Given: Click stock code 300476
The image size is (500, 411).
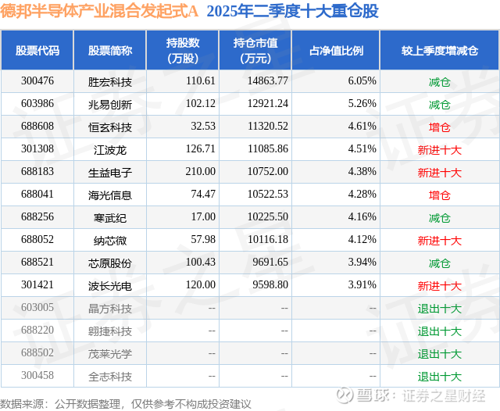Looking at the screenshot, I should coord(37,81).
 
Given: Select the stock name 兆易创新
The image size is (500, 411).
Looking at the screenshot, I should coord(110,104).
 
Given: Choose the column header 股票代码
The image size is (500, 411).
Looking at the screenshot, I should coord(37,51).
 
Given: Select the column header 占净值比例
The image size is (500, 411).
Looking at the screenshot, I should coord(341,51).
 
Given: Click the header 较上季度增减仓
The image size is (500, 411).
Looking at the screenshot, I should coord(439,51).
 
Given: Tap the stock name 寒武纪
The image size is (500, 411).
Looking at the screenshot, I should coord(110,217).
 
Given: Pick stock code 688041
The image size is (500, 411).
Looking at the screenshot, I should coord(37,195).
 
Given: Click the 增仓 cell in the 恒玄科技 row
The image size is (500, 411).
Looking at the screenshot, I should coord(440,127).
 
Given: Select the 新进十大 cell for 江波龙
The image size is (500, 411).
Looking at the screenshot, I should coord(440,149).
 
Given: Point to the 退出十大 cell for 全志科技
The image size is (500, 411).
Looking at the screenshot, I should coord(440,376).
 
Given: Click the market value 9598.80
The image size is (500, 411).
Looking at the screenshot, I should coord(270,285).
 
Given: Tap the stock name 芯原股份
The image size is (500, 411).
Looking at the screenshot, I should coord(110,263).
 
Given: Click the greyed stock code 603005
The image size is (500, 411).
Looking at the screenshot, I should coord(37,308).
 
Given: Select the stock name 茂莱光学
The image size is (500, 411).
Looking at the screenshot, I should coord(110,353).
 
